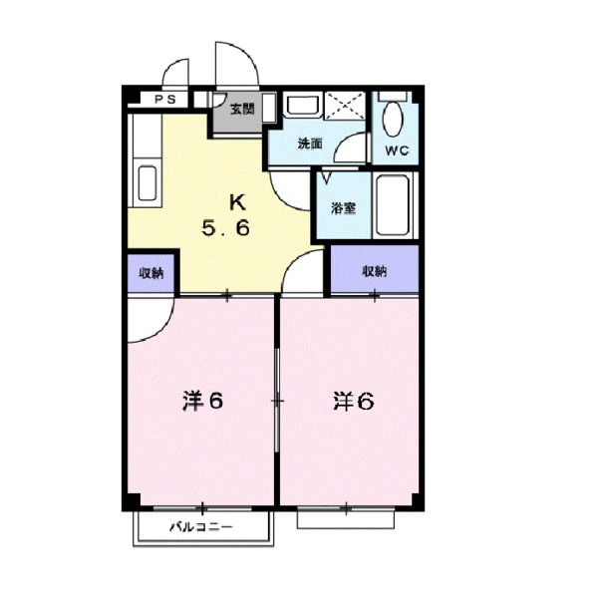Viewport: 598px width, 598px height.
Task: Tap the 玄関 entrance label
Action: click(242, 109)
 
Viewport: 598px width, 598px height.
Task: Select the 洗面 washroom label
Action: click(311, 144)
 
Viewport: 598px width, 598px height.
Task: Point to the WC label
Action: click(396, 151)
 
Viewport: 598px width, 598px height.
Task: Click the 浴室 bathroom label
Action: click(344, 209)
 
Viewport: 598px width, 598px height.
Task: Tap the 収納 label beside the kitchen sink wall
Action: click(151, 273)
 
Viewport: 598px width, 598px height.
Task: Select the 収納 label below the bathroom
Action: click(374, 271)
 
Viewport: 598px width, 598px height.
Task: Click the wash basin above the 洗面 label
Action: click(298, 108)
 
